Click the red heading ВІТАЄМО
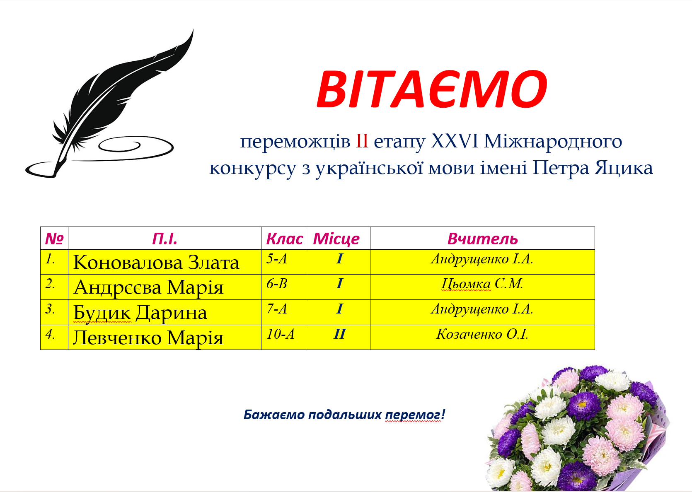tap(431, 89)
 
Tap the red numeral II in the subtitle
tap(362, 142)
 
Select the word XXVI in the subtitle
tap(455, 142)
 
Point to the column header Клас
tap(284, 239)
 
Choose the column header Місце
tap(336, 239)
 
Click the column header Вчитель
tap(482, 239)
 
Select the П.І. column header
tap(165, 239)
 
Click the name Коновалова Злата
tap(156, 263)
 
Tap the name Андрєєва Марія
tap(148, 287)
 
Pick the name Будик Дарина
tap(140, 313)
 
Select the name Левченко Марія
tap(148, 338)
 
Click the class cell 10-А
tap(280, 334)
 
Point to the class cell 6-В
tap(277, 284)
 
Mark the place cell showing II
tap(339, 334)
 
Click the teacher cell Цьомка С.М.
tap(482, 284)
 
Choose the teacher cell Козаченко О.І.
tap(482, 334)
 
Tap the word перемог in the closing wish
tap(413, 415)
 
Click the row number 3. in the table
tap(50, 309)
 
